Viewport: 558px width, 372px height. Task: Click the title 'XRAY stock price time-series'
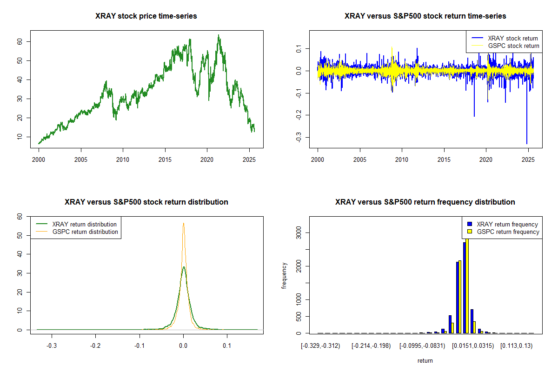[x=146, y=16]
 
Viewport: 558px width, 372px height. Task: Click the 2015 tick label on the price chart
[x=165, y=159]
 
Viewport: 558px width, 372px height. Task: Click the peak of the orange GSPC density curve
[x=184, y=223]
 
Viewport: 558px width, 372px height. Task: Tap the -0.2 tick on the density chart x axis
[x=95, y=345]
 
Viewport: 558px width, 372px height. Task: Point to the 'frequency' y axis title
[x=284, y=275]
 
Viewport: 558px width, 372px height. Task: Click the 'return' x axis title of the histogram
[x=425, y=360]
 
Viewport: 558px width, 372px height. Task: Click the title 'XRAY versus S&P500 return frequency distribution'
[x=425, y=202]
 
